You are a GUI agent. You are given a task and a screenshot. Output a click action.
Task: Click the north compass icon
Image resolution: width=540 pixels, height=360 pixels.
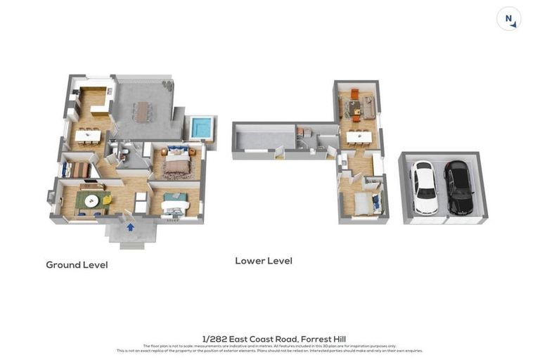508,19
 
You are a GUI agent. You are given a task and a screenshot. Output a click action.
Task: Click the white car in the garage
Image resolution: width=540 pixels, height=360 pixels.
423,187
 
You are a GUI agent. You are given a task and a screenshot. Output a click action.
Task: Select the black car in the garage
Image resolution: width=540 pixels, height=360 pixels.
458,187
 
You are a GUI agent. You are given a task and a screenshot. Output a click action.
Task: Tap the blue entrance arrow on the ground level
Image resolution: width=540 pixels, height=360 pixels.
130,227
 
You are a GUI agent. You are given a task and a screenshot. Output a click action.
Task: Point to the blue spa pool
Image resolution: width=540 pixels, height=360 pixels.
200,128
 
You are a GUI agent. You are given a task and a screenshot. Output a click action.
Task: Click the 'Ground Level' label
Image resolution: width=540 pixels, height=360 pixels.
77,265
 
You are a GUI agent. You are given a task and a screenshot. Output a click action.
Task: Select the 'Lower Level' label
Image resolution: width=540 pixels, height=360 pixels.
263,261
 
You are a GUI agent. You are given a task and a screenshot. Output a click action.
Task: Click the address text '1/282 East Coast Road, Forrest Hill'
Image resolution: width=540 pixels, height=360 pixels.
274,339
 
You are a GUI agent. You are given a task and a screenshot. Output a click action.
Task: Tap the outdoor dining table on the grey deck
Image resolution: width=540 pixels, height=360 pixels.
143,110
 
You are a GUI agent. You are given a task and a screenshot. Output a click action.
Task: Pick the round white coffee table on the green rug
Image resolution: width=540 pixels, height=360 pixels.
91,200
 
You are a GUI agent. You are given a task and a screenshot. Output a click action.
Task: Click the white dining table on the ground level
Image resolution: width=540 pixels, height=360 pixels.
88,136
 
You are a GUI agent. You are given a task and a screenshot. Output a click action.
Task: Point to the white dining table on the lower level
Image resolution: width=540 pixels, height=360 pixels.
359,136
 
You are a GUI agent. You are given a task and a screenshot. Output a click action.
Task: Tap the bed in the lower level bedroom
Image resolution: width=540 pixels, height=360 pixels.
363,203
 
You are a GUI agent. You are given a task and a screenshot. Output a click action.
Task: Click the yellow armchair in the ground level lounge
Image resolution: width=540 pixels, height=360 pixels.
108,200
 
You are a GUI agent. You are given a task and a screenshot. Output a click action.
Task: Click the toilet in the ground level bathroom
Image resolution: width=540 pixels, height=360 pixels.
122,157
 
